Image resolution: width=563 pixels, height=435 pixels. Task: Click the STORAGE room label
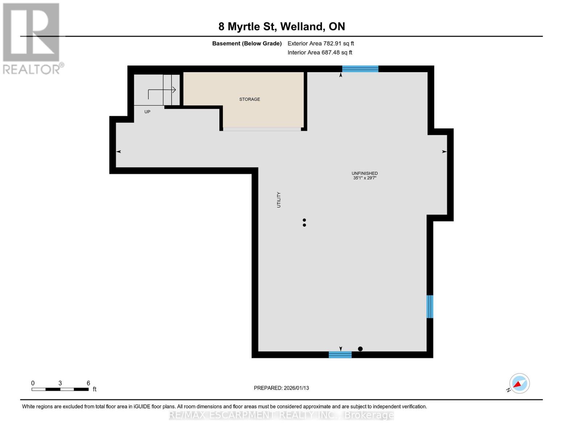coord(249,99)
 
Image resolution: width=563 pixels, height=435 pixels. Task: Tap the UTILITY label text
coord(279,200)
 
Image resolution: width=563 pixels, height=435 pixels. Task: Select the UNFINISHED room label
coord(364,173)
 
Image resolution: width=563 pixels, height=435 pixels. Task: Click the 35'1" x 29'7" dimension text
coord(365,178)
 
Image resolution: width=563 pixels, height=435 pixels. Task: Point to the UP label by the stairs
coord(147,112)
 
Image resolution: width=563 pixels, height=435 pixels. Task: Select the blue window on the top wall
coord(360,69)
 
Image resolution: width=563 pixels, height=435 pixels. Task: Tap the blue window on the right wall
coord(430,307)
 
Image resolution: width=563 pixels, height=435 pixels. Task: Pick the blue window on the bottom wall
coord(340,355)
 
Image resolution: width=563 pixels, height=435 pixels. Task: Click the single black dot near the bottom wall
coord(360,349)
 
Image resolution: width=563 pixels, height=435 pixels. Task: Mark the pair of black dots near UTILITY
coord(304,223)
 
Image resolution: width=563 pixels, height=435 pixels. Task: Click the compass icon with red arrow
coord(519,384)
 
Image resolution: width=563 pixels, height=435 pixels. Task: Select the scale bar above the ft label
coord(60,389)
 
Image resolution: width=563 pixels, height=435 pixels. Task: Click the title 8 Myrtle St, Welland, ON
coord(281,26)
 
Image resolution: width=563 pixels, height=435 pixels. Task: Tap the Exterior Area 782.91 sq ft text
coord(320,43)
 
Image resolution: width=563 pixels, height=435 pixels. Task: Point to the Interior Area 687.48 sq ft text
coord(320,53)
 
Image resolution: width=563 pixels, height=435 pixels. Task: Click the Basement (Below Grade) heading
coord(247,43)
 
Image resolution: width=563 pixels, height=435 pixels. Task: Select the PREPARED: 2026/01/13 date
coord(281,388)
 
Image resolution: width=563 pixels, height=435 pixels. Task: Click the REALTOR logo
coord(32,38)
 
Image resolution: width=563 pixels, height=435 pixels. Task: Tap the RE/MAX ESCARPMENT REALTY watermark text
coord(281,415)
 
